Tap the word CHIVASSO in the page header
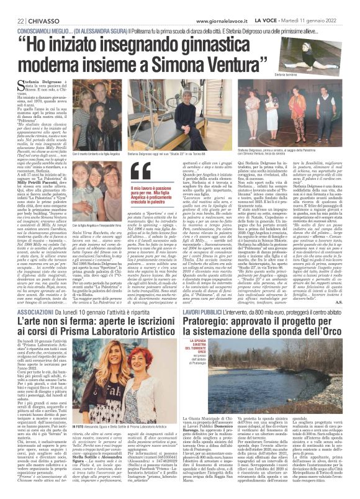click(x=36, y=6)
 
